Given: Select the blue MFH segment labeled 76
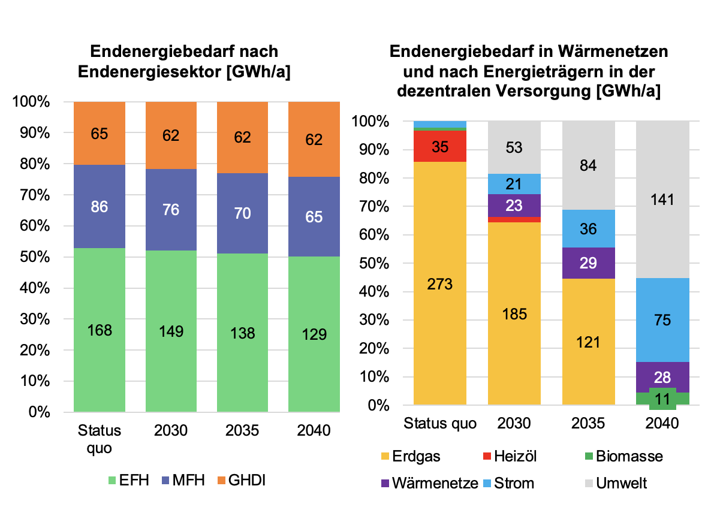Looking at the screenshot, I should [x=171, y=210].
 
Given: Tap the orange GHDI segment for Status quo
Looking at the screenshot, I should [x=100, y=134].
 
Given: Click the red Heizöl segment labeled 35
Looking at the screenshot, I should [x=440, y=146].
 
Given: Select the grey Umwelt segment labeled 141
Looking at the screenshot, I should [x=662, y=200].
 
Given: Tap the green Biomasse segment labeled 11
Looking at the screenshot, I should [x=662, y=399].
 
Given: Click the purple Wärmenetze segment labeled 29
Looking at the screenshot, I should [x=589, y=263].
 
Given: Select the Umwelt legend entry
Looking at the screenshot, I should [x=614, y=484].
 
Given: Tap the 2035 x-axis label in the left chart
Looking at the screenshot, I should [x=242, y=431].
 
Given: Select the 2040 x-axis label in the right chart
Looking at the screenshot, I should [x=662, y=424].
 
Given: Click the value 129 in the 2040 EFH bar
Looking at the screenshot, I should [x=314, y=334].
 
